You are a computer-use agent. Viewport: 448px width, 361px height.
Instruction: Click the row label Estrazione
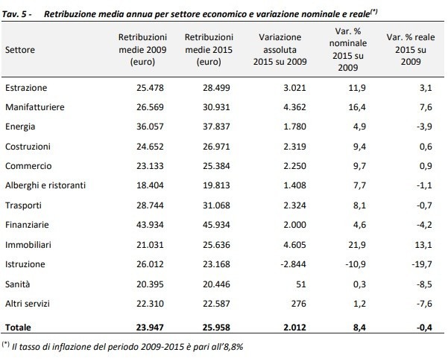tap(26, 88)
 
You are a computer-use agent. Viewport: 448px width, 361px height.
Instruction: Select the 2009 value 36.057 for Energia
tap(150, 127)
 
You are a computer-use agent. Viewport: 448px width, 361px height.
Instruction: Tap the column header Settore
tap(20, 50)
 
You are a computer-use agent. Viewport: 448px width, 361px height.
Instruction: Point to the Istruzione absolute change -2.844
tap(293, 264)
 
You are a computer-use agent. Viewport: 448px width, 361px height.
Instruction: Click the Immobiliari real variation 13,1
tap(423, 245)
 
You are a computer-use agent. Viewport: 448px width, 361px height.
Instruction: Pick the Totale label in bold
tap(18, 328)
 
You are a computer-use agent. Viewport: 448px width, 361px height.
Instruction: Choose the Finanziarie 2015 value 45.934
tap(216, 225)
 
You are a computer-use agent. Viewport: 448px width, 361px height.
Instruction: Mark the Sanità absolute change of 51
tap(301, 284)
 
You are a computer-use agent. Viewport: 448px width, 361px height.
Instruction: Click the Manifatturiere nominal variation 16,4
tap(357, 107)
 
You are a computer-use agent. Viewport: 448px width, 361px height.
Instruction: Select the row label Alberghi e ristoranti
tap(45, 185)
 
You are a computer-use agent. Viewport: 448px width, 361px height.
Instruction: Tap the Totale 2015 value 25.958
tap(216, 328)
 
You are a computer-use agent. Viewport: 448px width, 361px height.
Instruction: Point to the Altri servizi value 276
tap(299, 304)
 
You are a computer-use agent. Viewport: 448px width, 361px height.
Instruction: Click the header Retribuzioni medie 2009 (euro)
tap(142, 49)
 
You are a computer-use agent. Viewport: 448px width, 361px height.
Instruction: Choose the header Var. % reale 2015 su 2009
tap(411, 49)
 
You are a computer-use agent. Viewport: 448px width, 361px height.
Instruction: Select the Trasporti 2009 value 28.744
tap(150, 205)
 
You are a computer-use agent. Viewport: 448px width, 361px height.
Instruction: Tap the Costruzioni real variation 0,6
tap(426, 147)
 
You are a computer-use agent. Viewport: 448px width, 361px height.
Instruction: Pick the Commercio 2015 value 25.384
tap(216, 166)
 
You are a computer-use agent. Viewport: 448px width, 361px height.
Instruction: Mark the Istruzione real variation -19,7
tap(422, 264)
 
